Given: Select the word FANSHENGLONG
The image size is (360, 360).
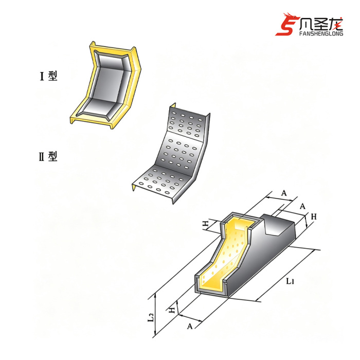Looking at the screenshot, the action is [321, 33].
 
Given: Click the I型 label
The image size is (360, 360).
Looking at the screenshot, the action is [48, 76].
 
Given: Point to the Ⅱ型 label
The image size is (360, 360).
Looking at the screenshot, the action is [48, 156].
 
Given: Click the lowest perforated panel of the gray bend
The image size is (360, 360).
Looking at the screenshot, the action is [160, 182].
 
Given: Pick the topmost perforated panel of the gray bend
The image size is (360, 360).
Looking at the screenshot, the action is [187, 123].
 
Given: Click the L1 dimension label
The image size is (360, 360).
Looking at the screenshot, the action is [290, 281].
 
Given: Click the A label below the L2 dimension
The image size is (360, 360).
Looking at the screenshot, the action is [190, 326].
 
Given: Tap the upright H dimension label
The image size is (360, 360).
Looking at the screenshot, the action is [314, 217].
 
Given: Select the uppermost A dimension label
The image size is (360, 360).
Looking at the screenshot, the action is [284, 193].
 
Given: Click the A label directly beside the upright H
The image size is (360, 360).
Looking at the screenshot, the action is [302, 206].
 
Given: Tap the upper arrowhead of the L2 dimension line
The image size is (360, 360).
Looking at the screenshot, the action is [156, 295].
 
